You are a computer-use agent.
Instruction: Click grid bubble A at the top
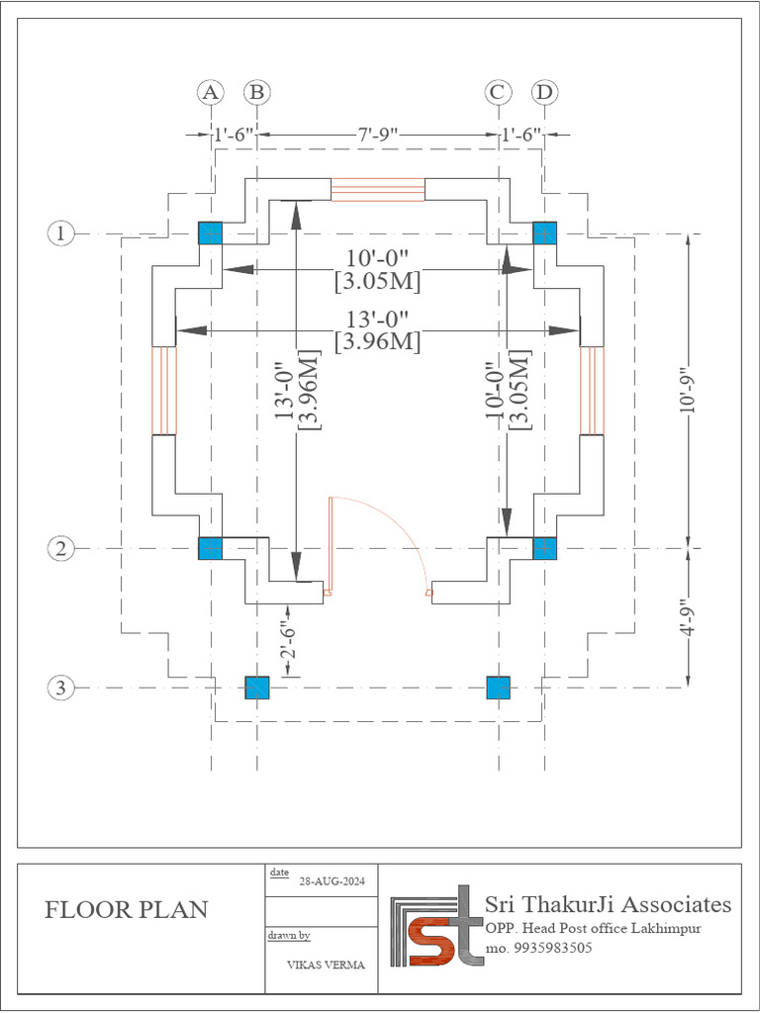coord(210,92)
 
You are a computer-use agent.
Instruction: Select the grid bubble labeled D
coord(543,92)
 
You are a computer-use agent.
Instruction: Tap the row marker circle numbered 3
coord(61,688)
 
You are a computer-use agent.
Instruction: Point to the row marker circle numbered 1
coord(61,233)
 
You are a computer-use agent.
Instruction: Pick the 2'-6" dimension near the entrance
coord(287,640)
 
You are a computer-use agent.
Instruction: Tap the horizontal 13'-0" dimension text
coord(377,320)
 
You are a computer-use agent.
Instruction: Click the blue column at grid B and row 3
coord(257,688)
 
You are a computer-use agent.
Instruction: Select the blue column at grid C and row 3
coord(498,688)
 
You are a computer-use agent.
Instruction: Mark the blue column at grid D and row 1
coord(545,233)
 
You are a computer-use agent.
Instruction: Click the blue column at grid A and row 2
coord(210,548)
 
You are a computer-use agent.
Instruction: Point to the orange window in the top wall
coord(377,189)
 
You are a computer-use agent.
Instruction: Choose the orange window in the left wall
coord(163,391)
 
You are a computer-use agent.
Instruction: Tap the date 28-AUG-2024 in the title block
coord(327,883)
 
